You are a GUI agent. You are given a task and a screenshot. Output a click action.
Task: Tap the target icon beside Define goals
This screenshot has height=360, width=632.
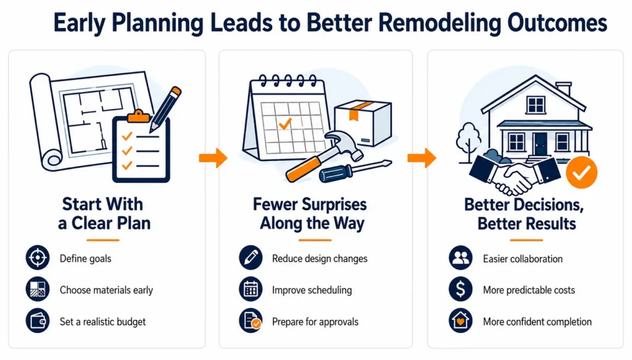pos(38,257)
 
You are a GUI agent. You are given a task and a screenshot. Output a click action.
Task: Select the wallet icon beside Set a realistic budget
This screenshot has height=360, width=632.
pos(38,321)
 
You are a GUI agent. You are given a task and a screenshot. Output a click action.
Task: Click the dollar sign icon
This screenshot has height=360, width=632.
pos(460,289)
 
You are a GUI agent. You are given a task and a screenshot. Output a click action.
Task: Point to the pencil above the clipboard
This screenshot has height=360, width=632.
pos(165,109)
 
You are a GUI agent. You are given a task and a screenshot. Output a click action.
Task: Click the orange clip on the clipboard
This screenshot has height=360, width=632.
pos(138,116)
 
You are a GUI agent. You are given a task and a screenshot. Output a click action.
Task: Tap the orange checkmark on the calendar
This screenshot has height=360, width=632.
pos(285,123)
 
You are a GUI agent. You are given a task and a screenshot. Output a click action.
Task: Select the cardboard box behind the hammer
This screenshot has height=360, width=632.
pos(363,122)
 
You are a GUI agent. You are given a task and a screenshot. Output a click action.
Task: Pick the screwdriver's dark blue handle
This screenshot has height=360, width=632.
pos(335,173)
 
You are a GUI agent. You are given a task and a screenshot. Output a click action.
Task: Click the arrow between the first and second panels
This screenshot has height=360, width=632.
pos(213,157)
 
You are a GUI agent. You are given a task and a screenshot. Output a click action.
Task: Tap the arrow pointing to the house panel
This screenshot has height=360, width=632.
pos(422,157)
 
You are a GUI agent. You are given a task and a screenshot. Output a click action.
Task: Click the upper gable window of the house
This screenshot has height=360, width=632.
pos(536,105)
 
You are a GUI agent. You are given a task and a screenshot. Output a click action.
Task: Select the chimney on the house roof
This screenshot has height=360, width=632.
pos(563,89)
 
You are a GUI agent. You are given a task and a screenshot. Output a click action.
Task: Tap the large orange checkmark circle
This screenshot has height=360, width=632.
pos(581,172)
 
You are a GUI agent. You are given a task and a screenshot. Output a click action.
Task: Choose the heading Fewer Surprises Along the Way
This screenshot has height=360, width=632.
pos(310,213)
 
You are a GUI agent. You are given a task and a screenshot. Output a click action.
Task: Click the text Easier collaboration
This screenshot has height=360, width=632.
pos(523,258)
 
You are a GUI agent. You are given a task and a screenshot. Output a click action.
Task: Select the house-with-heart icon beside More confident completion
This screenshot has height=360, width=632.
pos(460,321)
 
